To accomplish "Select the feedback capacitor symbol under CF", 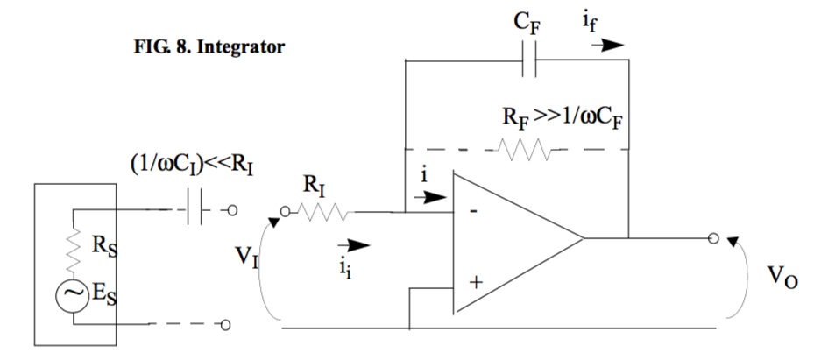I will (x=529, y=62).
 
